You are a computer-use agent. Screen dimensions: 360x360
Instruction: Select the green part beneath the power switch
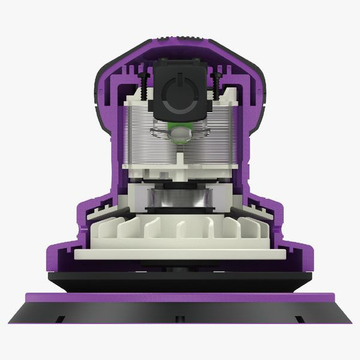click(x=181, y=135)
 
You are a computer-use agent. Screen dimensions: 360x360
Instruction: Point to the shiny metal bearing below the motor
click(x=179, y=200)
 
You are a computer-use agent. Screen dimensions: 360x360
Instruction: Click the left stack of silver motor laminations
click(x=141, y=136)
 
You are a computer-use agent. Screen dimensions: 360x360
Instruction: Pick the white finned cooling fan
click(x=180, y=227)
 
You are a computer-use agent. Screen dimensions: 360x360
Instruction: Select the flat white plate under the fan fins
click(x=180, y=254)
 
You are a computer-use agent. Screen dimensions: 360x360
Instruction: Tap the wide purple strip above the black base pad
click(x=180, y=297)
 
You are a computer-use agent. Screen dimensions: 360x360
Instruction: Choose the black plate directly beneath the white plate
click(x=180, y=277)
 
